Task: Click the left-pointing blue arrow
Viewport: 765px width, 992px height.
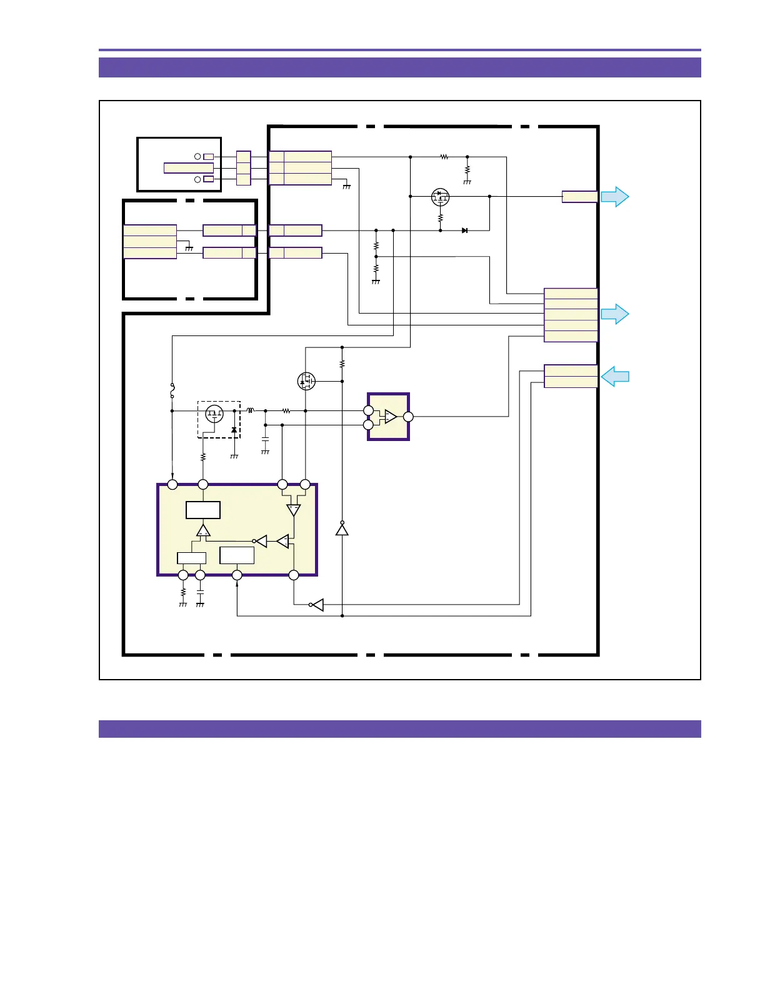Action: pos(615,377)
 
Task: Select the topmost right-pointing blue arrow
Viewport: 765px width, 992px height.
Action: pos(615,197)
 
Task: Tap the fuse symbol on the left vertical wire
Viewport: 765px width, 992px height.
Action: pos(172,391)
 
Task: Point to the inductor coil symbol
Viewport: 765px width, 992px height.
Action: pos(251,410)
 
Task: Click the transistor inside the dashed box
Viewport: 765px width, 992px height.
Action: pos(214,414)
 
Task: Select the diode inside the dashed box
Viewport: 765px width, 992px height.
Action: pos(234,430)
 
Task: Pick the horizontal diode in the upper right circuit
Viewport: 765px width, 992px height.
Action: pos(464,231)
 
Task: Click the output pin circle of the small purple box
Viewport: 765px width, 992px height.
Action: pos(408,417)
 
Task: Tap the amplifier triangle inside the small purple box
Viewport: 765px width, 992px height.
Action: pos(391,417)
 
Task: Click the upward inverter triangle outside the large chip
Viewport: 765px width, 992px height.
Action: pos(342,530)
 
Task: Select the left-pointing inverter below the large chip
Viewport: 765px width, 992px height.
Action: pos(317,605)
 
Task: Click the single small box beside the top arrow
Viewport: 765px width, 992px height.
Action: pos(579,197)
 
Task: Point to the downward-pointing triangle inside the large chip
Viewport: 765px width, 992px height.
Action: pos(293,510)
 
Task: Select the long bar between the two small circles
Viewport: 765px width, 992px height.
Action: pos(189,167)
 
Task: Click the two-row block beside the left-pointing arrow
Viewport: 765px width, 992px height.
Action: pos(571,376)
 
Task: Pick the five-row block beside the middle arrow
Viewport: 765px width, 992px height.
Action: pos(571,315)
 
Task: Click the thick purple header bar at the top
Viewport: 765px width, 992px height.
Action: pos(399,67)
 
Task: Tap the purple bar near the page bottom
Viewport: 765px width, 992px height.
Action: pos(399,729)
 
